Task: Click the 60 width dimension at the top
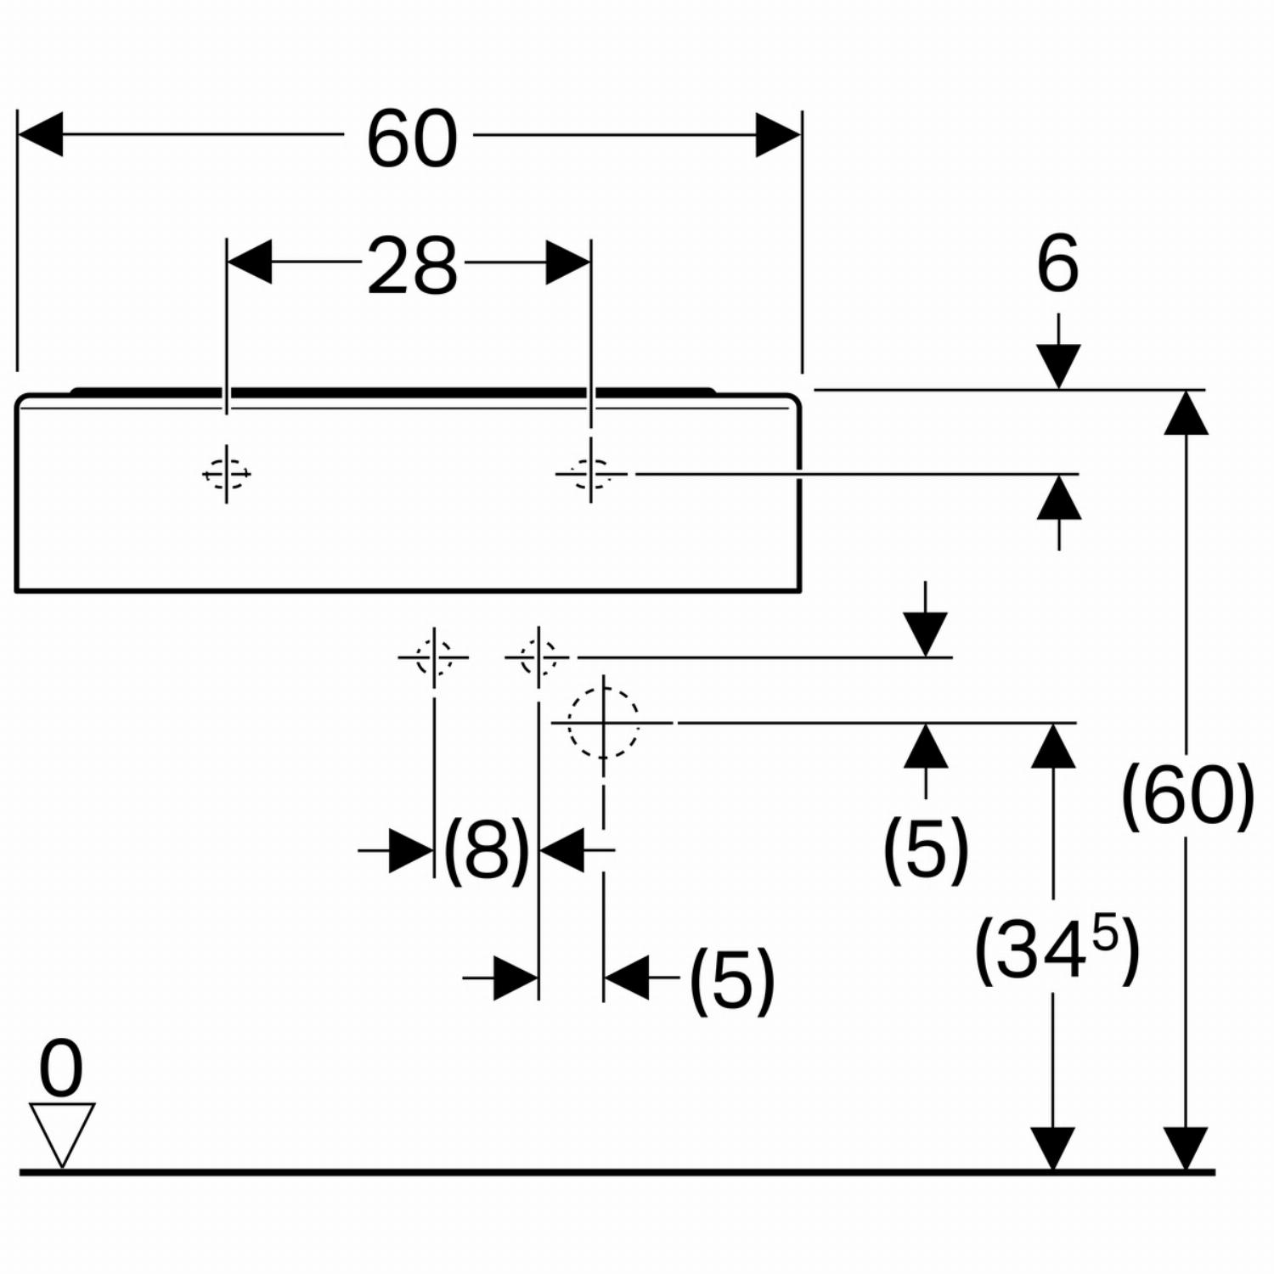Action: [412, 138]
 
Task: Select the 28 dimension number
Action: [413, 266]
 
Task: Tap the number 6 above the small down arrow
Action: [1057, 263]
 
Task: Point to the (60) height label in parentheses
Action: [1187, 797]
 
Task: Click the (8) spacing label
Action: [487, 850]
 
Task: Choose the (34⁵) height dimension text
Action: [1057, 950]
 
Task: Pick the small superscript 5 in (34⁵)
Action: [1105, 934]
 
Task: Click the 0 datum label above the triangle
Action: [61, 1069]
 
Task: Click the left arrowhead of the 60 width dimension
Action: [40, 134]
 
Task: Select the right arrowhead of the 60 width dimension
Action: [778, 134]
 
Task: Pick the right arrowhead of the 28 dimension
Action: [567, 262]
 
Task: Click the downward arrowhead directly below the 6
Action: [1058, 366]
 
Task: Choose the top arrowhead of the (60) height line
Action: [1186, 413]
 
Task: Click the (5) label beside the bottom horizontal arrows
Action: [732, 981]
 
